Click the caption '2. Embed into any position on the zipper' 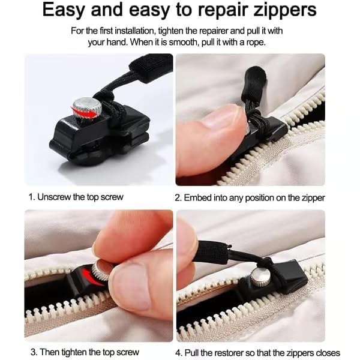tap(250, 197)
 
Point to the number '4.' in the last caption tap(179, 352)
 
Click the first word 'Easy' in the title tap(68, 10)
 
